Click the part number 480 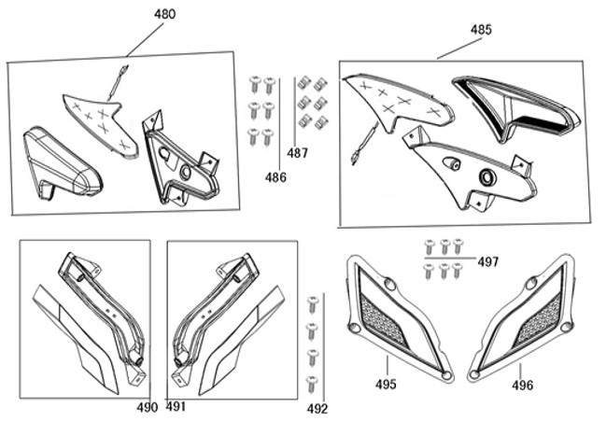tap(163, 14)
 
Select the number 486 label tap(275, 176)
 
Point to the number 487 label tap(297, 153)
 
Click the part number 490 tap(147, 407)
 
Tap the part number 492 tap(317, 408)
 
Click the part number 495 tap(386, 384)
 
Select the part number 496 tap(522, 384)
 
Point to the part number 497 tap(487, 262)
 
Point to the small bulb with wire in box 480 tap(118, 83)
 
